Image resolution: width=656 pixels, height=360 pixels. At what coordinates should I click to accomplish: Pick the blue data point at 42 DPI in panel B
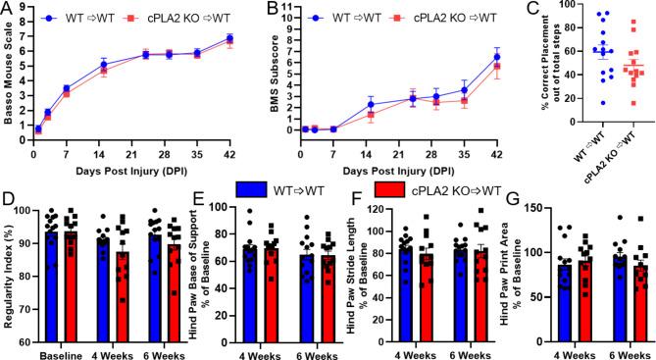tap(496, 57)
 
